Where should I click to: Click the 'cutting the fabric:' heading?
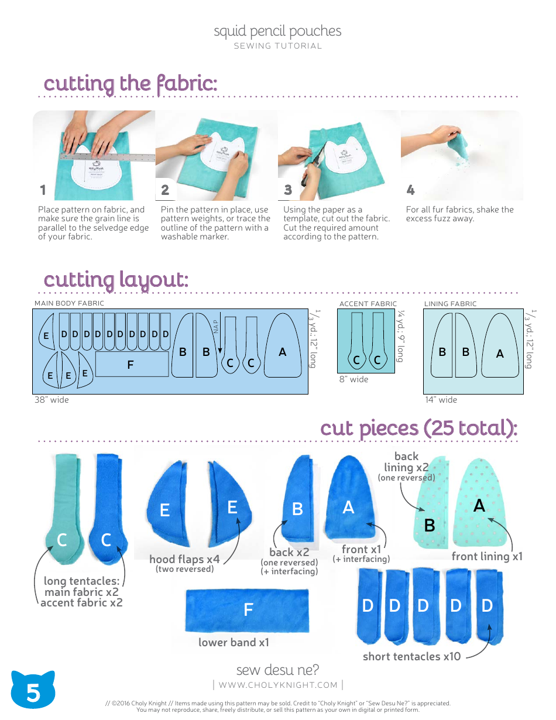click(x=131, y=84)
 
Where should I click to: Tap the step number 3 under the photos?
click(x=288, y=190)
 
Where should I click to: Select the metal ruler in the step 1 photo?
click(x=105, y=156)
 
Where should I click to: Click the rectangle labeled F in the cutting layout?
click(x=132, y=364)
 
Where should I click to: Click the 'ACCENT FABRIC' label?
click(x=368, y=304)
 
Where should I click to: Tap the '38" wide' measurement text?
click(x=52, y=400)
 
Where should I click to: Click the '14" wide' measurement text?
click(x=441, y=400)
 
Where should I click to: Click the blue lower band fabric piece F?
click(x=247, y=609)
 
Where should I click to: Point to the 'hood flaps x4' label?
click(x=184, y=559)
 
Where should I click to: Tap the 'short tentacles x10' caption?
click(x=411, y=656)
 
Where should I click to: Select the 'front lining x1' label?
click(x=487, y=556)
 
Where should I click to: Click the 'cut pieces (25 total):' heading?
click(x=418, y=428)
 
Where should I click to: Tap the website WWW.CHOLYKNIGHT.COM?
click(x=278, y=685)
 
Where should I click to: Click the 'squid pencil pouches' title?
click(x=277, y=31)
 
